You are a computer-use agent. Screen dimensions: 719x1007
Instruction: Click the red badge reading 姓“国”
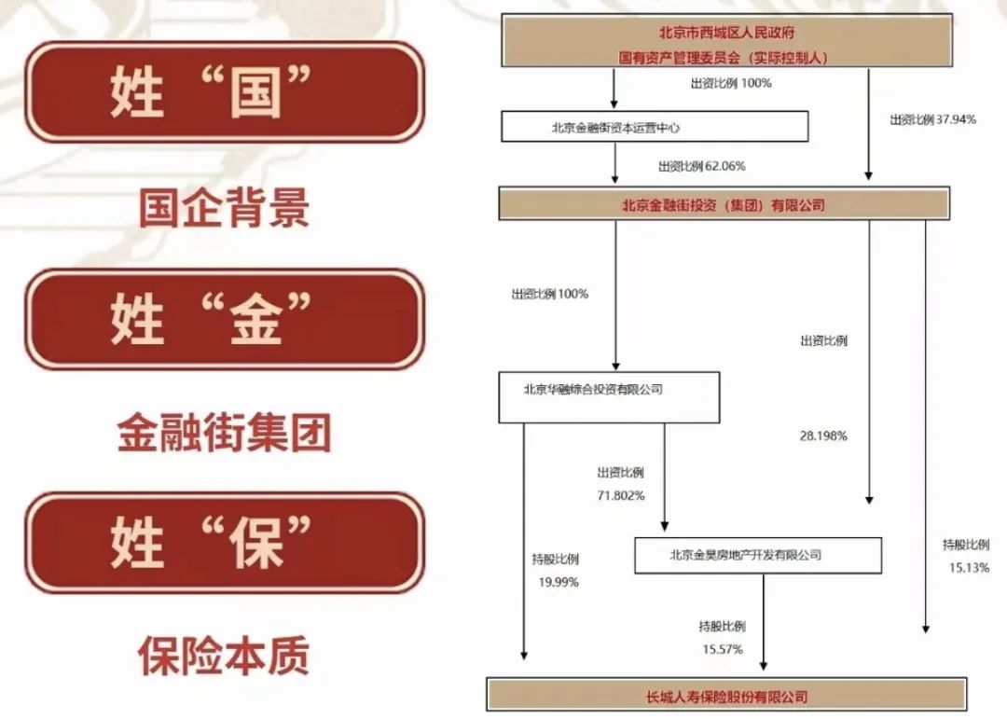click(224, 93)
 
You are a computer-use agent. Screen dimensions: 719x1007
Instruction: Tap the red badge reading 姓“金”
click(224, 320)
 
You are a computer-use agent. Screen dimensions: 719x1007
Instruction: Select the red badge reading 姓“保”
click(224, 544)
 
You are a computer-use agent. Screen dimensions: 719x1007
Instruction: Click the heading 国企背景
click(224, 208)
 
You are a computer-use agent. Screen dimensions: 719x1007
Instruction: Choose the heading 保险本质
click(224, 656)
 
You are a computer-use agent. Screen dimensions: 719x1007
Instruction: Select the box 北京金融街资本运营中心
click(654, 127)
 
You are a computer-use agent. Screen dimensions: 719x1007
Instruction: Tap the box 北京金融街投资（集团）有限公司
click(724, 204)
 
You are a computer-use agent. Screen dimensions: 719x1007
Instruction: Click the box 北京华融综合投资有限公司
click(609, 397)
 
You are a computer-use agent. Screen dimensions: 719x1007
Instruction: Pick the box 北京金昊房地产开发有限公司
click(757, 555)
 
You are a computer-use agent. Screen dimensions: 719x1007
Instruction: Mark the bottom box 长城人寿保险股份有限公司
click(726, 696)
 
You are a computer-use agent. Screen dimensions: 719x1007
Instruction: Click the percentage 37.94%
click(932, 119)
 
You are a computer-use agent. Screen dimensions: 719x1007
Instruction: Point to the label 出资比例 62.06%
click(702, 166)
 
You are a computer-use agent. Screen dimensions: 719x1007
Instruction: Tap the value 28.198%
click(823, 436)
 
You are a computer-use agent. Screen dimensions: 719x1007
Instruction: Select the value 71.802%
click(620, 495)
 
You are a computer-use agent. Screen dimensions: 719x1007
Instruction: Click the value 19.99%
click(558, 582)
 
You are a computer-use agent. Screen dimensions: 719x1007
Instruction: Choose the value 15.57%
click(722, 649)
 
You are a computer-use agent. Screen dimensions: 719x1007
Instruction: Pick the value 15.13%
click(965, 568)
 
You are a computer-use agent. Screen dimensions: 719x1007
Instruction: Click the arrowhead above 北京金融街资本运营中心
click(614, 104)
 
